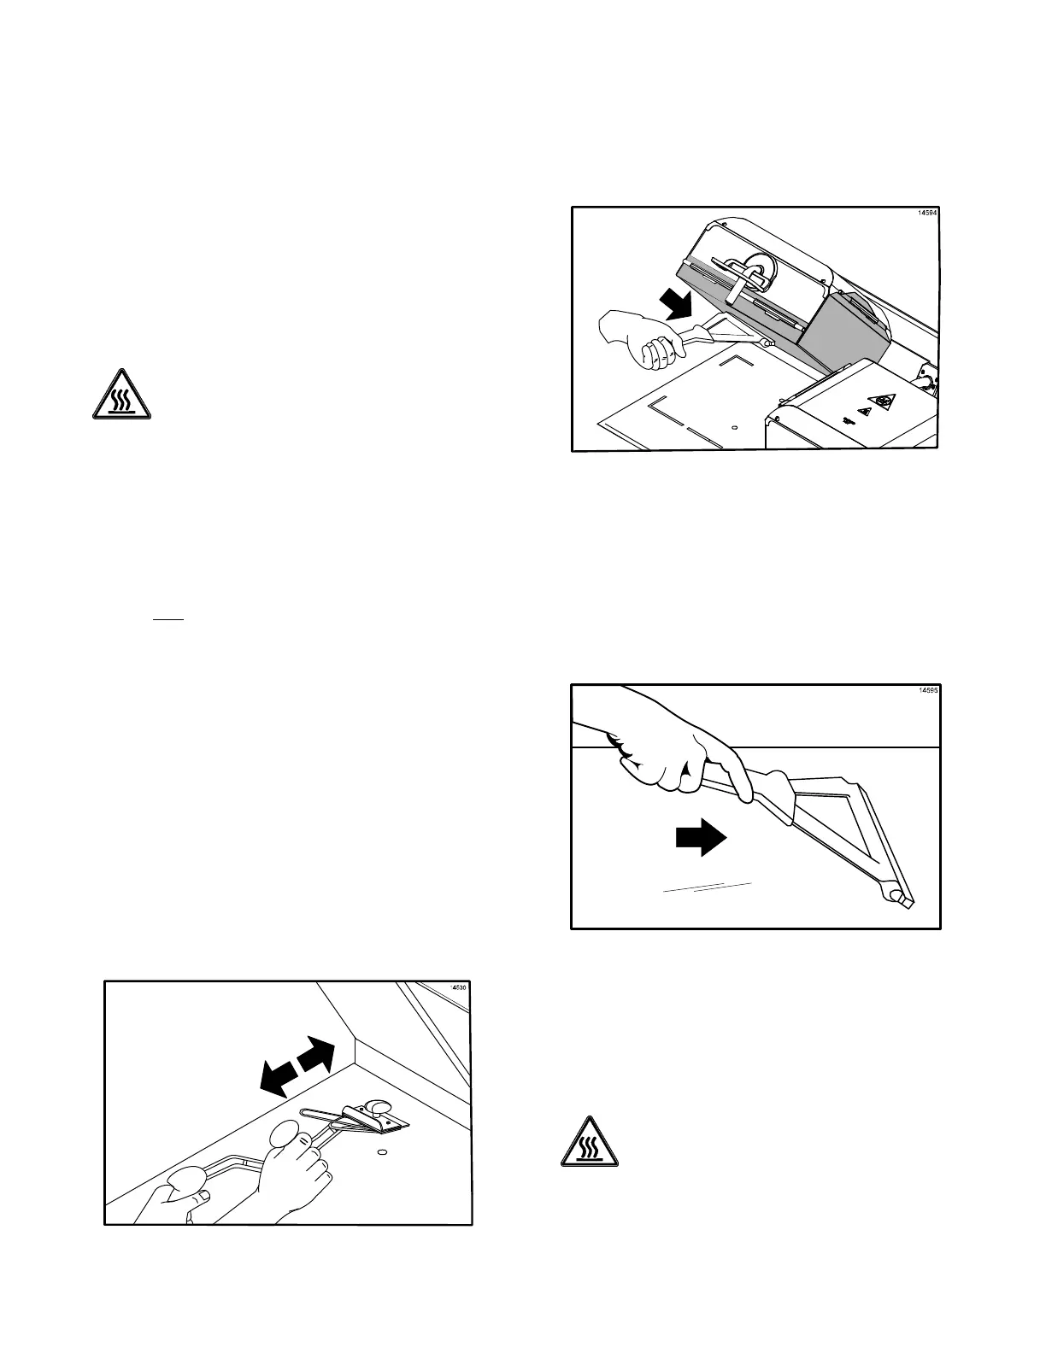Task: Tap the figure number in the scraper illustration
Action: click(x=460, y=989)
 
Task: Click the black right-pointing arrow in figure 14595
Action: click(x=701, y=839)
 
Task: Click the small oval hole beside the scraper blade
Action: click(x=382, y=1152)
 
